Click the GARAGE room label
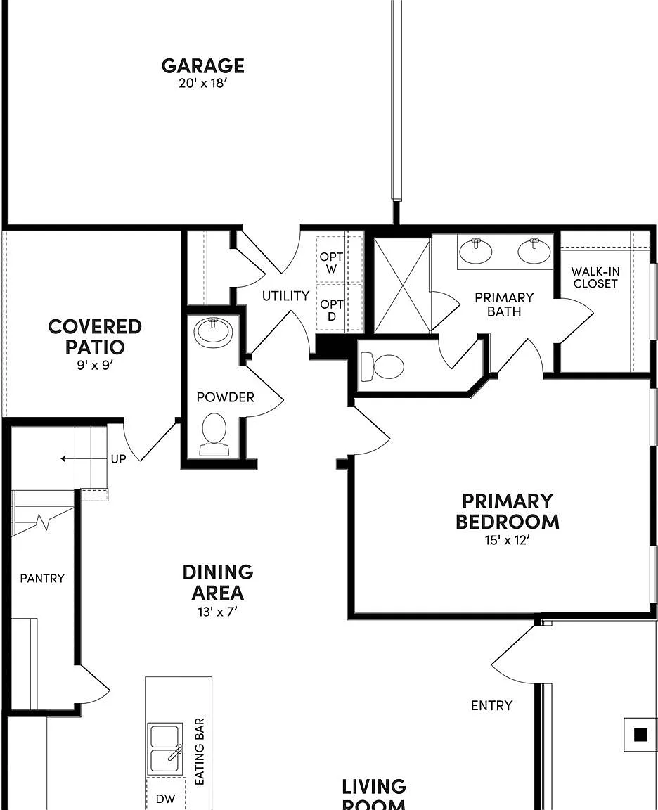pyautogui.click(x=202, y=65)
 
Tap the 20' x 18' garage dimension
pyautogui.click(x=203, y=83)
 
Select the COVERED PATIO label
pyautogui.click(x=94, y=336)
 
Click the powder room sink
pyautogui.click(x=213, y=332)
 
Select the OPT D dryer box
pyautogui.click(x=332, y=308)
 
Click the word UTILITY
pyautogui.click(x=285, y=296)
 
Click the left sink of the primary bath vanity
pyautogui.click(x=476, y=251)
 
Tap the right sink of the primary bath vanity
pyautogui.click(x=534, y=251)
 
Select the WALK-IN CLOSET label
pyautogui.click(x=595, y=278)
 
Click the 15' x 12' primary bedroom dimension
pyautogui.click(x=508, y=540)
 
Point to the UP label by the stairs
pyautogui.click(x=118, y=458)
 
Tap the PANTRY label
pyautogui.click(x=42, y=578)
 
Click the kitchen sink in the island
pyautogui.click(x=164, y=749)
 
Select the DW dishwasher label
pyautogui.click(x=165, y=799)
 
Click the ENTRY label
pyautogui.click(x=491, y=705)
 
